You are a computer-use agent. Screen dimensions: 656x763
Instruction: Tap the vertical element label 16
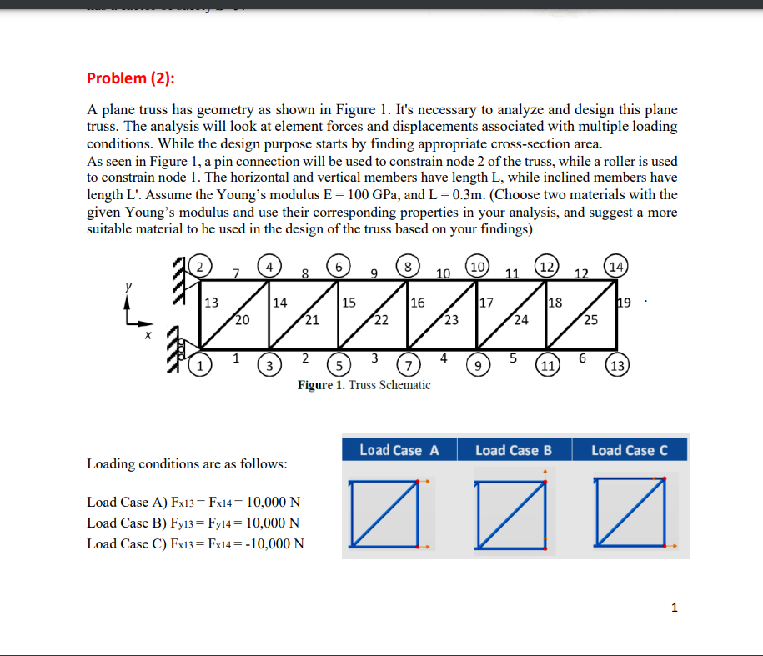coord(419,303)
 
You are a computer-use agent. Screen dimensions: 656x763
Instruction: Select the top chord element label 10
coord(444,273)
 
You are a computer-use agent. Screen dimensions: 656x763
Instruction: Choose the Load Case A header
coord(399,450)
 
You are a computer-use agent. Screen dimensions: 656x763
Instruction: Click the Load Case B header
coord(514,450)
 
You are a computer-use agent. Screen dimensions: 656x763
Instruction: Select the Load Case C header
coord(630,450)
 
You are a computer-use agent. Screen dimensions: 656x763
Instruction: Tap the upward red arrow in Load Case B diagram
coord(545,473)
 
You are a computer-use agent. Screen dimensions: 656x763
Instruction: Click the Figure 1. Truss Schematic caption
coord(364,385)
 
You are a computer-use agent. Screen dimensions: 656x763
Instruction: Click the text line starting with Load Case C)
coord(195,544)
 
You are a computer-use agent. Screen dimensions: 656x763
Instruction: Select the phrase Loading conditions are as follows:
coord(188,463)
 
